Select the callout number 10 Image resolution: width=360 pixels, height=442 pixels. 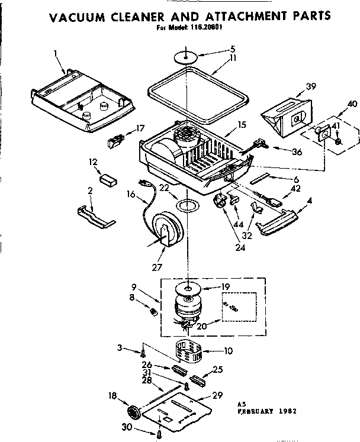point(227,350)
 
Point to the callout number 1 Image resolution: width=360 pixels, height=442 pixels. point(55,53)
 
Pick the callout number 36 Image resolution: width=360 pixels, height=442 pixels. point(297,152)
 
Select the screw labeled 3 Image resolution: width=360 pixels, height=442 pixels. point(143,352)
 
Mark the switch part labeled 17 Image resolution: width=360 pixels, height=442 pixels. point(116,142)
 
